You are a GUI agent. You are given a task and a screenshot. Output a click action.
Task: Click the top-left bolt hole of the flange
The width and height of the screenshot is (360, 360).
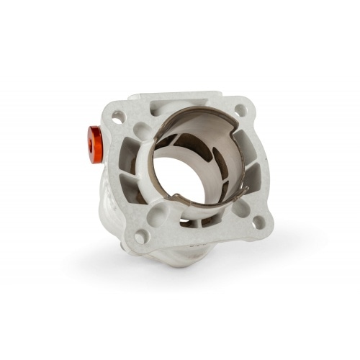118,115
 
